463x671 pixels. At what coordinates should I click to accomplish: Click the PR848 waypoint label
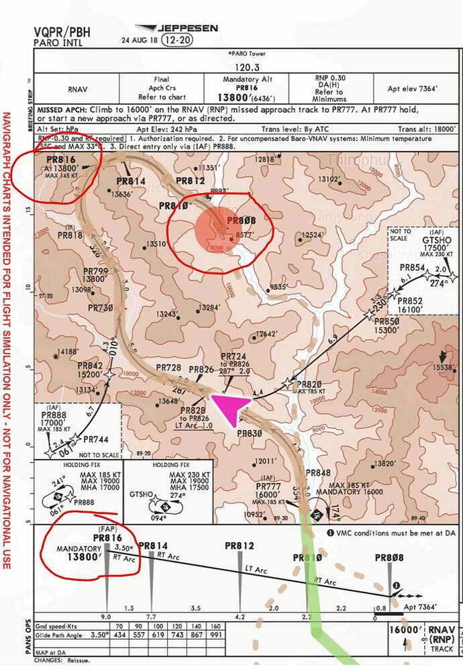point(318,473)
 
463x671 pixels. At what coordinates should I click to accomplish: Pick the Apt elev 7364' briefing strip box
point(412,88)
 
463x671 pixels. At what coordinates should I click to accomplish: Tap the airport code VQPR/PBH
point(62,31)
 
